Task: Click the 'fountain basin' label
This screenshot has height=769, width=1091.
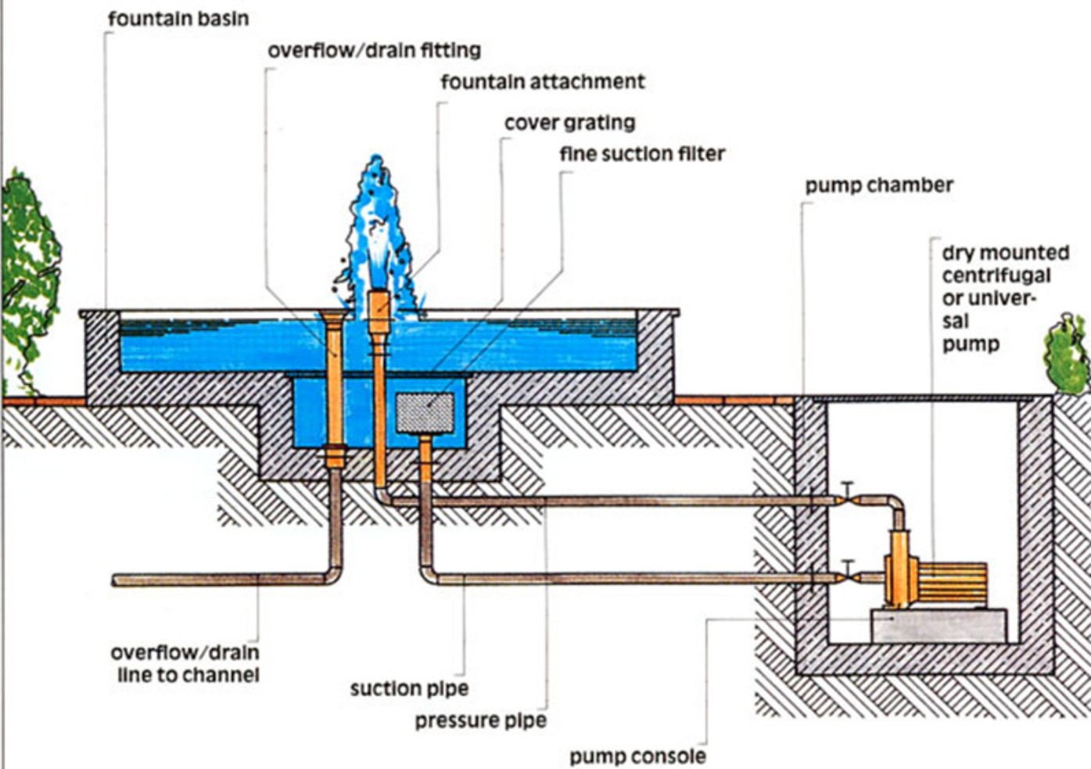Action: click(x=178, y=19)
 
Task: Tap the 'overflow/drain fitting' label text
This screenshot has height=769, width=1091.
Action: click(x=375, y=50)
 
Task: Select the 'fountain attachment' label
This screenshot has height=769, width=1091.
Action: click(x=543, y=81)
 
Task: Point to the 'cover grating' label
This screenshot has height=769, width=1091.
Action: click(x=570, y=123)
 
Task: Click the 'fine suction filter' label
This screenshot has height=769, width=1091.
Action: click(x=642, y=154)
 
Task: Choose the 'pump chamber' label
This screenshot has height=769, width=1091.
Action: click(x=879, y=185)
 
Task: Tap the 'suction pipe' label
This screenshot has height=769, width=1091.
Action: click(x=409, y=688)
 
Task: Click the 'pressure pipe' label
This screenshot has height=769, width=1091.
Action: click(x=481, y=720)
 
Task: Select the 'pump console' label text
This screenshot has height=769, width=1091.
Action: click(x=637, y=756)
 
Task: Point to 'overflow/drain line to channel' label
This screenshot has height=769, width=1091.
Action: click(x=185, y=663)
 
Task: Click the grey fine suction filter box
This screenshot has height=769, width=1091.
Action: click(x=425, y=413)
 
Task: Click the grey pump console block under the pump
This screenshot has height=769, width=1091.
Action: click(x=939, y=626)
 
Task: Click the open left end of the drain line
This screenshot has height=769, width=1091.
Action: click(x=115, y=580)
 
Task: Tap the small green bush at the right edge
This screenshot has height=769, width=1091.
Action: click(x=1067, y=354)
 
